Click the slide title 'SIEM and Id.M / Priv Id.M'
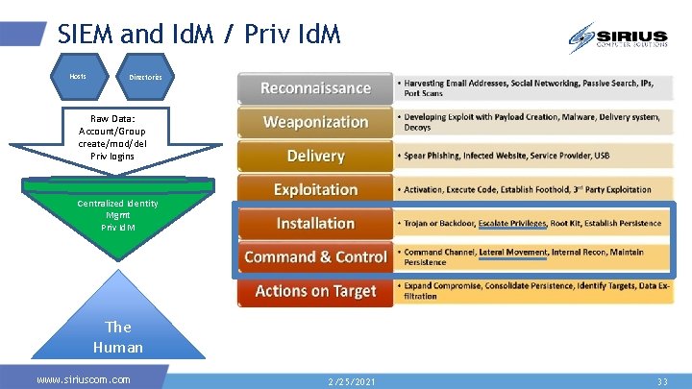click(x=198, y=36)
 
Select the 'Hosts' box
click(x=79, y=76)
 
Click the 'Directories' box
click(x=145, y=77)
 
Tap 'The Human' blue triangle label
click(x=118, y=337)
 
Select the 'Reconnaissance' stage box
click(x=315, y=88)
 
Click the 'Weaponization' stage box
click(x=315, y=122)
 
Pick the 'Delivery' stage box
click(x=315, y=156)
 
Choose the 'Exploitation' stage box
click(x=315, y=189)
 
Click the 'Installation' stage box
click(x=315, y=223)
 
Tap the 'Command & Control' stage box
click(x=315, y=256)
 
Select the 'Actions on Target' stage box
click(x=315, y=291)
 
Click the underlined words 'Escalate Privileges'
click(x=511, y=224)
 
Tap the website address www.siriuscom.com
click(x=84, y=379)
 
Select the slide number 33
click(x=661, y=381)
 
